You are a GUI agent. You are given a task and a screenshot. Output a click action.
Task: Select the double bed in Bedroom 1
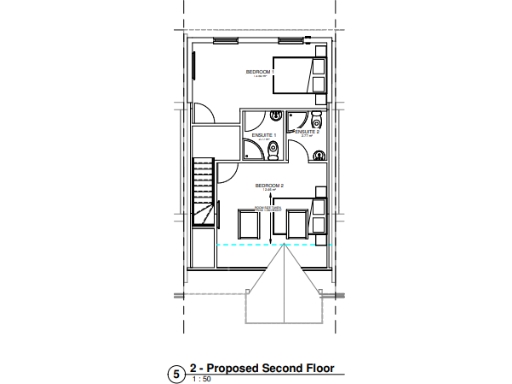coord(301,76)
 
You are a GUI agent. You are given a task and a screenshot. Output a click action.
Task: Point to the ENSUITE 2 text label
coord(306,131)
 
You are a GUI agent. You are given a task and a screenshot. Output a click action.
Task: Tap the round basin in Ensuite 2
coord(317,154)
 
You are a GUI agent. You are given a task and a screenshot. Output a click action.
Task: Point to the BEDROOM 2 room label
coord(270,185)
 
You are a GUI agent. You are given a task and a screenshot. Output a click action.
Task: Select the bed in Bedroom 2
coord(317,211)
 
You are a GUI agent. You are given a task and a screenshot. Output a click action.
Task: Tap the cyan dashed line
coord(270,245)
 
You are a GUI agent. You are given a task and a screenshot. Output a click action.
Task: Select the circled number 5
coord(177,373)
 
